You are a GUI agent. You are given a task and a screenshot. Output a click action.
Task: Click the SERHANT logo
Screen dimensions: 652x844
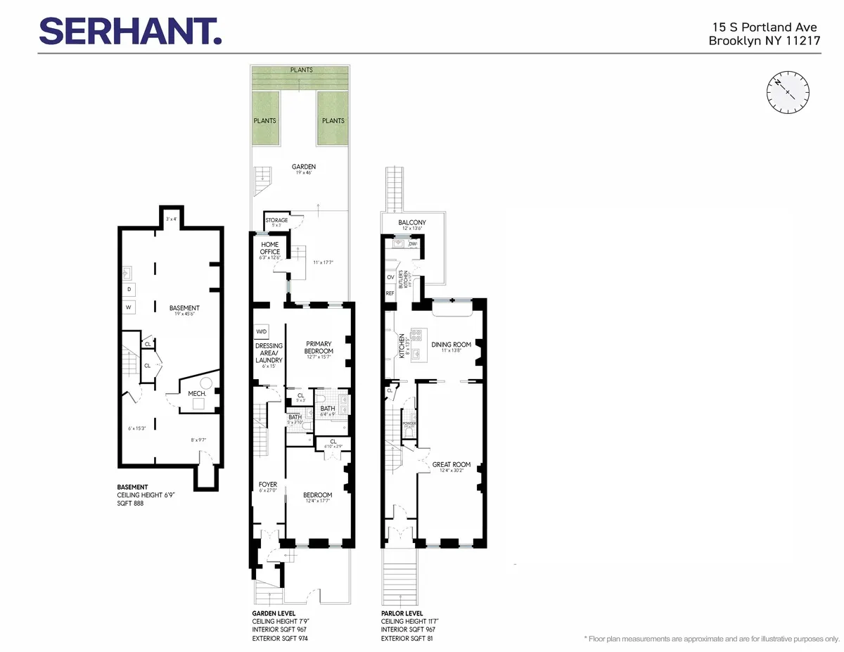tap(130, 31)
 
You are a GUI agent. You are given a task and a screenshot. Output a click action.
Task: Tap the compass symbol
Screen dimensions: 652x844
tap(788, 93)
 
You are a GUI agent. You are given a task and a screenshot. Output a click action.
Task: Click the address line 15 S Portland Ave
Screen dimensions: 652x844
tap(760, 27)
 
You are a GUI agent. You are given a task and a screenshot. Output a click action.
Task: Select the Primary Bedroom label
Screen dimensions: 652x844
tap(319, 347)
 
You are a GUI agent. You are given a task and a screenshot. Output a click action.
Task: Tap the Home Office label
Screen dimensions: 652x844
tap(270, 248)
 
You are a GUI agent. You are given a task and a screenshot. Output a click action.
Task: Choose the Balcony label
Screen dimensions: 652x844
tap(411, 223)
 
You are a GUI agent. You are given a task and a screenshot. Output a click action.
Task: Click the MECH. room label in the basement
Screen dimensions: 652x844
tap(196, 394)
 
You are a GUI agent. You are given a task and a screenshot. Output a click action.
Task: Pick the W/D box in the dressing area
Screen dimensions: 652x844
tap(261, 331)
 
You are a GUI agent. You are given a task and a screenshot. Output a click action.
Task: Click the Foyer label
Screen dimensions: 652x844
tap(268, 485)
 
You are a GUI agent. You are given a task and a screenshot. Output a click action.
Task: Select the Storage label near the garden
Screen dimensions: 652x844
tap(276, 220)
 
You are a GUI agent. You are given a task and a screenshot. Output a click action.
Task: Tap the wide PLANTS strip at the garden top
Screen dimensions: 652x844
tap(300, 70)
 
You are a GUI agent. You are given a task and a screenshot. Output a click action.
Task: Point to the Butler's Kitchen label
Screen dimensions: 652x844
tap(404, 282)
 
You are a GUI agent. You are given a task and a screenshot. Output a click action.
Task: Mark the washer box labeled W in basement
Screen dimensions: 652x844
tap(129, 307)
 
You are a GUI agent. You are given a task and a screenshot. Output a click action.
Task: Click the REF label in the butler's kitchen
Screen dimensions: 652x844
tap(390, 293)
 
